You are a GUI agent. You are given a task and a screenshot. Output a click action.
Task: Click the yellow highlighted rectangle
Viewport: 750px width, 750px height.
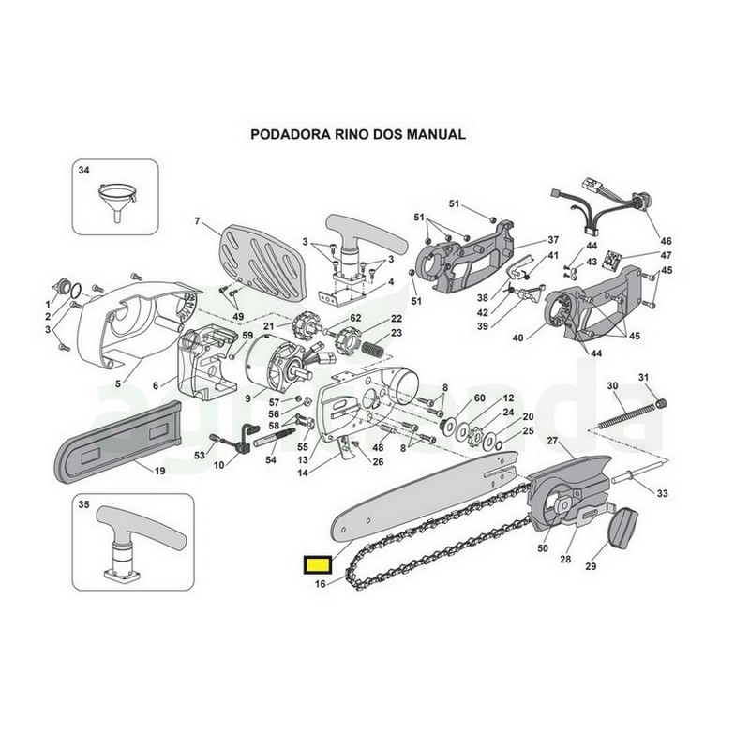[318, 564]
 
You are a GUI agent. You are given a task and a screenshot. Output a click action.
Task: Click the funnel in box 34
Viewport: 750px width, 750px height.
[116, 201]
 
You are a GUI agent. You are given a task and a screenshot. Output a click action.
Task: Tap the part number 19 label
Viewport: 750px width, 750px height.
[159, 471]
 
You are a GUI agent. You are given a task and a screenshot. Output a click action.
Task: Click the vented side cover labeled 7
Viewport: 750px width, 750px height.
[262, 262]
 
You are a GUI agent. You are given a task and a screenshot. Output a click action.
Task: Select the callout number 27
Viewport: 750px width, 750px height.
[552, 440]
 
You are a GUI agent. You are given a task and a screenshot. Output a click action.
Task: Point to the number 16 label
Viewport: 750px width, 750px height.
[321, 583]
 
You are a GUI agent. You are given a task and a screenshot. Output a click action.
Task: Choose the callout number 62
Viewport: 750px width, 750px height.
[355, 318]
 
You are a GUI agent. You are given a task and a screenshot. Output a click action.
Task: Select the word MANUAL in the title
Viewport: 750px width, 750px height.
[436, 134]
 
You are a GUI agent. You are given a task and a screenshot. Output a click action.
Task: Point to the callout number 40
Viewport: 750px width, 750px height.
[517, 338]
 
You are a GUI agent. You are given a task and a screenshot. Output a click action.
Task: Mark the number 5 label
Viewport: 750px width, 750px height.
[118, 382]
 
